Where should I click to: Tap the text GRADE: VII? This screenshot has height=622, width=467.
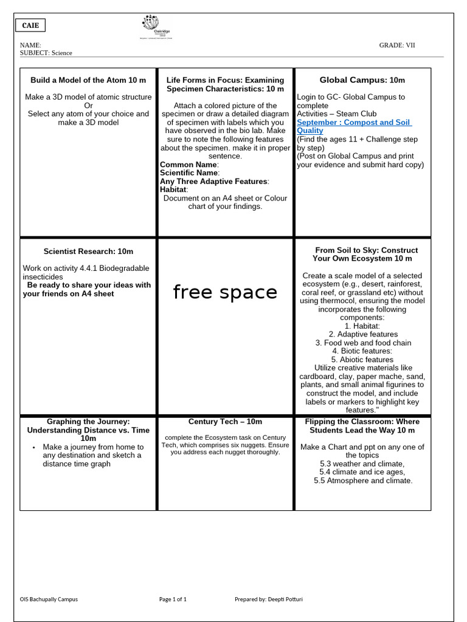tap(397, 45)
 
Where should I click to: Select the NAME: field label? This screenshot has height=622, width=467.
tap(30, 45)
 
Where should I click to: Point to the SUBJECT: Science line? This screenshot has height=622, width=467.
tap(46, 53)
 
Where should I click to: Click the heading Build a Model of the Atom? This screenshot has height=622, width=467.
tap(88, 80)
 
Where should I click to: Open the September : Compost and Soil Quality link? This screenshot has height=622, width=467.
tap(354, 126)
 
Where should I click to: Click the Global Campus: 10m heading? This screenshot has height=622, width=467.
tap(362, 80)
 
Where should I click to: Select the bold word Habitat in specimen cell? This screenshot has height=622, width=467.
tap(173, 190)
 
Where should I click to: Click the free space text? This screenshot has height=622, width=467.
tap(225, 292)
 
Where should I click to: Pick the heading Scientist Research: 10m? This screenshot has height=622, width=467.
tap(88, 251)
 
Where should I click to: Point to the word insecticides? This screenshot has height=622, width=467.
tap(43, 277)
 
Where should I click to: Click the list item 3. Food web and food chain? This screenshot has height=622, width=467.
tap(363, 343)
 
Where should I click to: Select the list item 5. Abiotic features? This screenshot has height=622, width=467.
tap(363, 360)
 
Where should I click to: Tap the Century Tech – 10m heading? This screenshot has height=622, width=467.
tap(225, 422)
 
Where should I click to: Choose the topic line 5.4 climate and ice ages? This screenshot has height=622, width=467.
tap(363, 472)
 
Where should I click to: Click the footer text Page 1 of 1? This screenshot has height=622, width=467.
tap(173, 599)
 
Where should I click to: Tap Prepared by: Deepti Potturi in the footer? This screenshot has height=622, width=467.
tap(269, 599)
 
